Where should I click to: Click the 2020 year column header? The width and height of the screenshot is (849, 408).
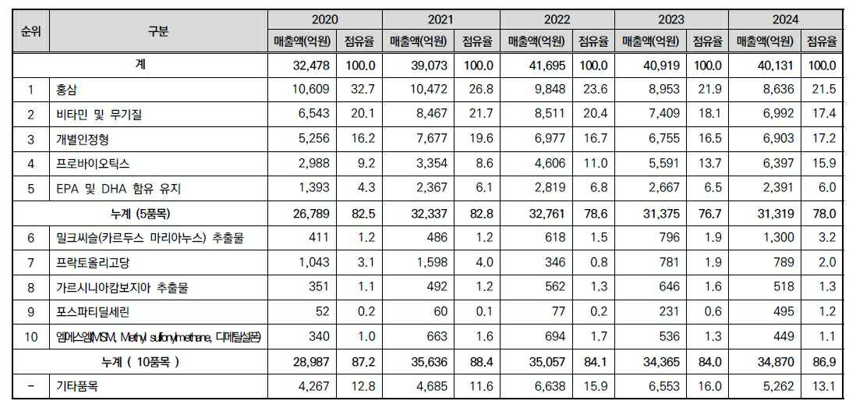click(x=324, y=19)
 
